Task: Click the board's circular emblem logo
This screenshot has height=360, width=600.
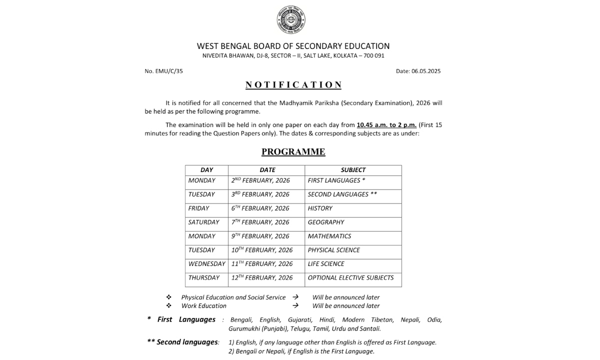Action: [x=291, y=19]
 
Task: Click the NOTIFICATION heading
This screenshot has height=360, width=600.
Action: [x=293, y=85]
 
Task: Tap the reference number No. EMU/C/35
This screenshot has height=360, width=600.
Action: [x=164, y=71]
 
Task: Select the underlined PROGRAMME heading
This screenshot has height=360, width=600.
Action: [x=293, y=151]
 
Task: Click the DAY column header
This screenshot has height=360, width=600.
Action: [x=206, y=170]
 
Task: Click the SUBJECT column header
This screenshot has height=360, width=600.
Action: [x=353, y=170]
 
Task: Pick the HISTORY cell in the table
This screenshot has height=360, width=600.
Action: [x=320, y=208]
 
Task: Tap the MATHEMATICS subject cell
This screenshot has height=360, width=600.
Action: [x=329, y=236]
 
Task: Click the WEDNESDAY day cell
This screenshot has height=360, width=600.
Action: [x=206, y=264]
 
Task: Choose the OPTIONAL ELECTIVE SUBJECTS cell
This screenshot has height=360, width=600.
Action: [x=350, y=277]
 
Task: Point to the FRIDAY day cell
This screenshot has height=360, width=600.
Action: [x=199, y=208]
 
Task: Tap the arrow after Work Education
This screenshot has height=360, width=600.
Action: [x=295, y=305]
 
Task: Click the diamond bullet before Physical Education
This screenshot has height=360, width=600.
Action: [x=169, y=297]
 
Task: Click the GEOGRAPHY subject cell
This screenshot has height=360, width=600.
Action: [x=326, y=222]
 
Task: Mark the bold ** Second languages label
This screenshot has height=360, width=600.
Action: [x=183, y=342]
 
